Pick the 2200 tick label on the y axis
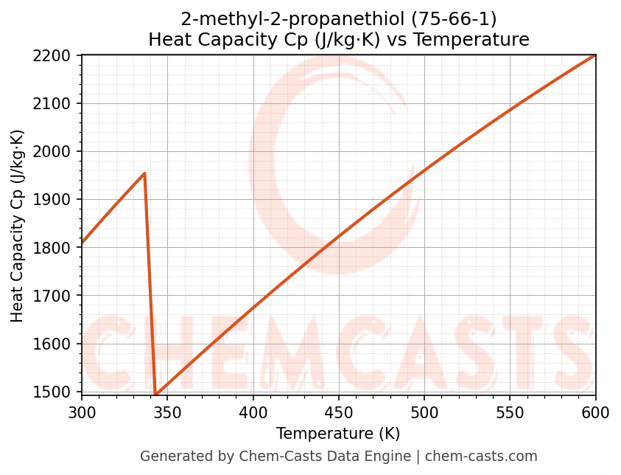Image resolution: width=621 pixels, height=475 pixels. pyautogui.click(x=57, y=55)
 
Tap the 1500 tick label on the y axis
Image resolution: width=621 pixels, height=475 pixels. pyautogui.click(x=57, y=392)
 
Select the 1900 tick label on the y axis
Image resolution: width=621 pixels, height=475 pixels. pyautogui.click(x=57, y=200)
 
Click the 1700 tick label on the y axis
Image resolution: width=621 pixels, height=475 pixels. pyautogui.click(x=57, y=296)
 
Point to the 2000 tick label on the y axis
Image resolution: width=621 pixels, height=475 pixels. pyautogui.click(x=57, y=152)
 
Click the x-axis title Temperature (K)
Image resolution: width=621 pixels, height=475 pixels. pyautogui.click(x=338, y=434)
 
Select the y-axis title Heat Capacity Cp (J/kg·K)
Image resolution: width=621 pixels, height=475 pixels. pyautogui.click(x=18, y=226)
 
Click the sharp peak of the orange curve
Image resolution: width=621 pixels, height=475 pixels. pyautogui.click(x=144, y=173)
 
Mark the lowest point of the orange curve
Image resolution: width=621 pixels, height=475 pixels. pyautogui.click(x=155, y=394)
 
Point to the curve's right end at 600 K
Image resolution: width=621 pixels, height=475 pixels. pyautogui.click(x=594, y=55)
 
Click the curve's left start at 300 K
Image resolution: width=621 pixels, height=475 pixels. pyautogui.click(x=83, y=243)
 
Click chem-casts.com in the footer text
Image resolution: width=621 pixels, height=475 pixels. pyautogui.click(x=481, y=457)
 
